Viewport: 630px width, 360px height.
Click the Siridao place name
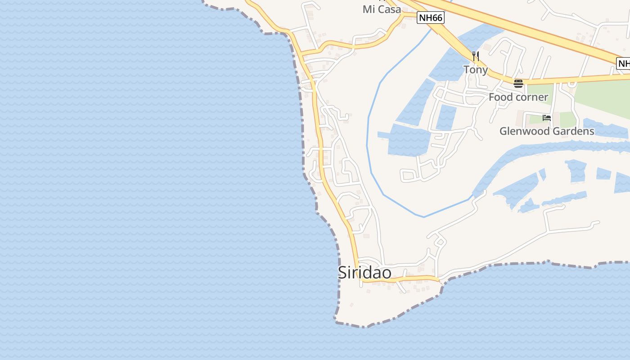(364, 273)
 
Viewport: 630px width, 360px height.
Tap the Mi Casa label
(382, 9)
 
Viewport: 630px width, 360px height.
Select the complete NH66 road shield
(431, 18)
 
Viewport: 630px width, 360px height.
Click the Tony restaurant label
(476, 70)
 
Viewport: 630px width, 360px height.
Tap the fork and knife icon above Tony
(476, 56)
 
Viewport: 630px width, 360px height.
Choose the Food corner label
(518, 97)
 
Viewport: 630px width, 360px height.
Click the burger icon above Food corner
(518, 83)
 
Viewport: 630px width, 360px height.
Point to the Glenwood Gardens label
(547, 131)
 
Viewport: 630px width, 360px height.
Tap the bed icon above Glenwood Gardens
(547, 118)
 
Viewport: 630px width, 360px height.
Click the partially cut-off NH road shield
(624, 64)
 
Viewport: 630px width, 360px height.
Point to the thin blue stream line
(368, 135)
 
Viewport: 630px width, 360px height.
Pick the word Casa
(388, 9)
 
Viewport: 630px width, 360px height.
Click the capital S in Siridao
(342, 273)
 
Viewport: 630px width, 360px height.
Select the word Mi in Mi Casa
(368, 9)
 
